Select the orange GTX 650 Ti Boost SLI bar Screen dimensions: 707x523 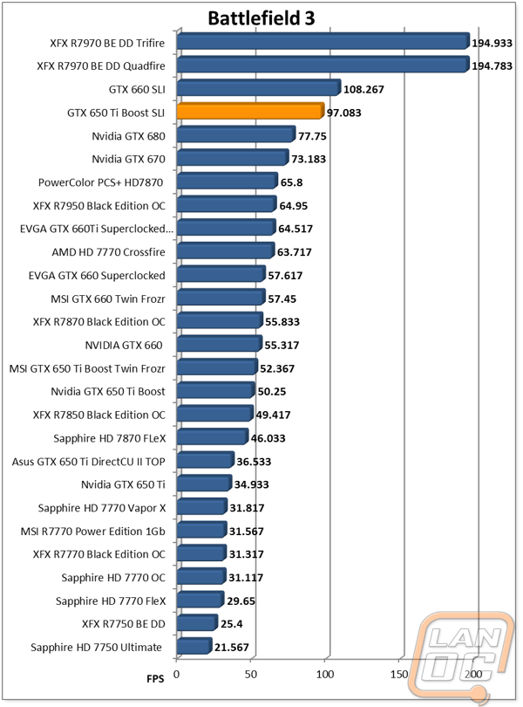[250, 112]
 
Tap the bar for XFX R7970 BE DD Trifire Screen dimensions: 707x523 [323, 41]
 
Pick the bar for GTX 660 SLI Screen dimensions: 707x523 [257, 88]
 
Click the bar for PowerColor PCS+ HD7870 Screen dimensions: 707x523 [226, 182]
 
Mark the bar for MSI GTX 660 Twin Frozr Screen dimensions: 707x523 [220, 298]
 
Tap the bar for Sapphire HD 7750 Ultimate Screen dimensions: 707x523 [194, 647]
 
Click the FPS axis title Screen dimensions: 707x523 [155, 676]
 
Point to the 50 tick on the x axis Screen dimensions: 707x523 [251, 674]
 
